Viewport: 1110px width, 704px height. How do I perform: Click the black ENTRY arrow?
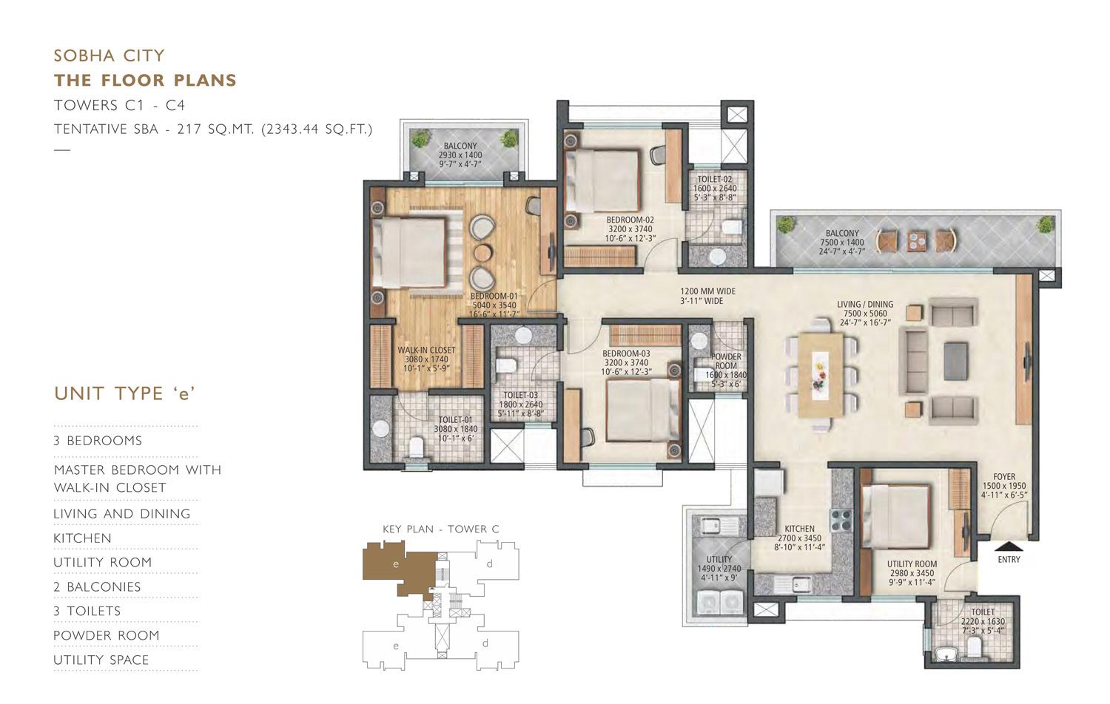point(1009,546)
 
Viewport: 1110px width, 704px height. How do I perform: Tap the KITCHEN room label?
point(799,529)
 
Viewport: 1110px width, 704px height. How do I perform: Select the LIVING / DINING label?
point(865,304)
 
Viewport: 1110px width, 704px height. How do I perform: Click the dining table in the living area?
point(821,375)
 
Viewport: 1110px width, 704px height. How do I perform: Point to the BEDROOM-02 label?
point(630,220)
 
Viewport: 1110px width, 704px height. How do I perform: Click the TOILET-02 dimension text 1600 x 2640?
point(715,188)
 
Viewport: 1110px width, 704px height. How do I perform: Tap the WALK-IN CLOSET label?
point(426,350)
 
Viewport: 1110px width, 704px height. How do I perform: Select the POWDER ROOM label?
point(726,361)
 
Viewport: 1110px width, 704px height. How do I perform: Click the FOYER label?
point(1004,477)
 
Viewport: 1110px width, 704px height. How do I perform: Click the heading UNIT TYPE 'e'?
point(124,393)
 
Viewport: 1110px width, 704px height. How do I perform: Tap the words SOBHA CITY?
point(109,55)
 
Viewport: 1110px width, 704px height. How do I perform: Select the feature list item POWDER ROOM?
point(107,635)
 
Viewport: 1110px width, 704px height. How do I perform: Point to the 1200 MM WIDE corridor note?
point(707,291)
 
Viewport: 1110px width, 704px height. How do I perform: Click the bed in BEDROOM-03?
point(643,409)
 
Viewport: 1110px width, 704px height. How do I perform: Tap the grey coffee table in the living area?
point(955,361)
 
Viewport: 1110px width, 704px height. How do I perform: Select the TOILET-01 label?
point(455,420)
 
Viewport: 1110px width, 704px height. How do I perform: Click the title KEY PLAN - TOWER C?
point(441,529)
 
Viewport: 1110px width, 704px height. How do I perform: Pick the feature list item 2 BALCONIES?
point(97,586)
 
